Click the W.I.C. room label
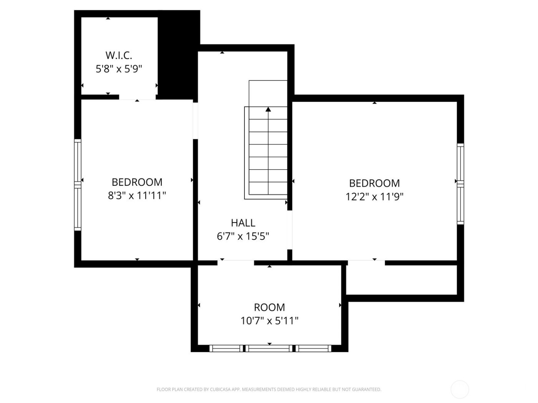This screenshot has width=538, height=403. [119, 55]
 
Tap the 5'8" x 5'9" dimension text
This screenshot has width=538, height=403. [119, 69]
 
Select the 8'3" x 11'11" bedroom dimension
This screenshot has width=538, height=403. [137, 196]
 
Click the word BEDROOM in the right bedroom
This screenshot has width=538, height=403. [374, 183]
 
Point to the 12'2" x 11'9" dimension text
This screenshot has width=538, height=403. [374, 197]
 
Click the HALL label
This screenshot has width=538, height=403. [243, 223]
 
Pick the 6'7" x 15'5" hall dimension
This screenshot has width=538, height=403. [243, 236]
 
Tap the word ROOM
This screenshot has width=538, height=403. [269, 307]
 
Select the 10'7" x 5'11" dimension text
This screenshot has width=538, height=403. [269, 320]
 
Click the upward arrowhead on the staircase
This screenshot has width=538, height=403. [268, 109]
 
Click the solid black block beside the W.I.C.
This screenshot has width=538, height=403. [179, 54]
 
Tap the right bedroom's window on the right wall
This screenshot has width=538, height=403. [460, 183]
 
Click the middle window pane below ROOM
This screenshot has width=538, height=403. [269, 348]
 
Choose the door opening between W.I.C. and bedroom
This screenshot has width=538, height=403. [137, 97]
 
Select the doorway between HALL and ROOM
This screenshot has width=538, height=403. [236, 263]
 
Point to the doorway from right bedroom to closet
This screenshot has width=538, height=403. [366, 263]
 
